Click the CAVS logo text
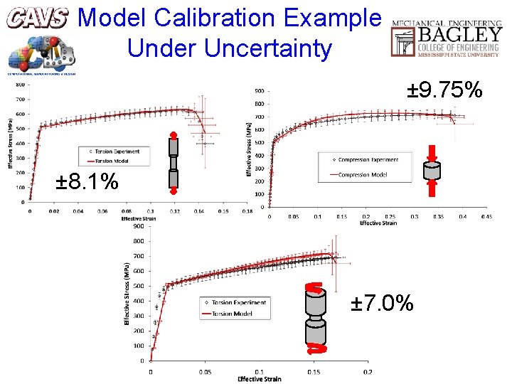pyautogui.click(x=38, y=18)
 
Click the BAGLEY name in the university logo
pyautogui.click(x=462, y=34)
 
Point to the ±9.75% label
pyautogui.click(x=445, y=90)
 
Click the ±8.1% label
pyautogui.click(x=87, y=182)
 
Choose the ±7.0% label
pyautogui.click(x=383, y=304)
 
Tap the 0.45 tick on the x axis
pyautogui.click(x=486, y=216)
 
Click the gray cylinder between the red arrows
pyautogui.click(x=432, y=171)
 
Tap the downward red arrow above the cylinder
pyautogui.click(x=432, y=153)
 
